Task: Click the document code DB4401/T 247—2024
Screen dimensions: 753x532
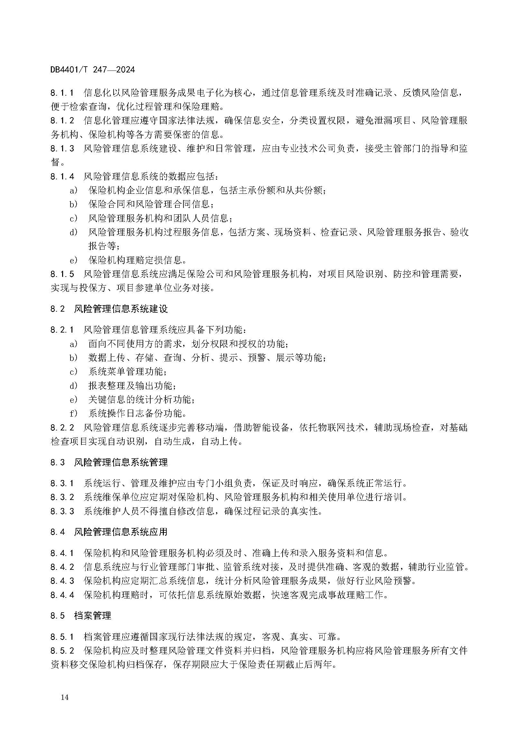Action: coord(92,70)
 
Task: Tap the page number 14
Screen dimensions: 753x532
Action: coord(65,697)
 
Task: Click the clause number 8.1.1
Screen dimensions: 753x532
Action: coord(62,93)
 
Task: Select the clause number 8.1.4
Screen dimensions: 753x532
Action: coord(62,176)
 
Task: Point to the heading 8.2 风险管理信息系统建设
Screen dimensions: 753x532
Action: coord(109,309)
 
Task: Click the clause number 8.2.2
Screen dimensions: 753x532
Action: coord(62,428)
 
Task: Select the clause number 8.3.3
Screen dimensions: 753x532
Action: coord(62,511)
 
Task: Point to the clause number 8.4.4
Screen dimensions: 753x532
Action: coord(62,595)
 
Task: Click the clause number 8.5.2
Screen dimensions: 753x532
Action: coord(62,651)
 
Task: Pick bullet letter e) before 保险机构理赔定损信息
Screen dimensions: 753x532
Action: coord(73,260)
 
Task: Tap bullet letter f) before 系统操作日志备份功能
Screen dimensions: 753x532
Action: coord(73,413)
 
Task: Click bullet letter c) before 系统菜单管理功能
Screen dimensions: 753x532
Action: coord(73,372)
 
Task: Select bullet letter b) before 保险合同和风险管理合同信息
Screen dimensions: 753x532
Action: coord(73,204)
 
